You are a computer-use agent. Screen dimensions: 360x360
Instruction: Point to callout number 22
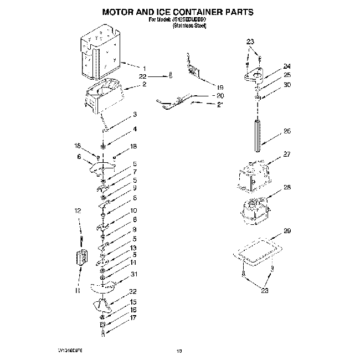[142, 76]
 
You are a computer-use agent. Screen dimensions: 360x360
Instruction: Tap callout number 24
[271, 66]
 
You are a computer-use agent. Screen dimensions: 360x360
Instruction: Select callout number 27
[271, 155]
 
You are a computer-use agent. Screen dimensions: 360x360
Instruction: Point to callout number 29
[271, 230]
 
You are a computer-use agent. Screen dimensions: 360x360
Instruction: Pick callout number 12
[78, 210]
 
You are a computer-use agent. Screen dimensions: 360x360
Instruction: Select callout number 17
[133, 318]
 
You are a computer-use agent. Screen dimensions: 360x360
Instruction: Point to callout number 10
[133, 211]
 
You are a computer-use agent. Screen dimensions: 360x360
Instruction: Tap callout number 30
[271, 85]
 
